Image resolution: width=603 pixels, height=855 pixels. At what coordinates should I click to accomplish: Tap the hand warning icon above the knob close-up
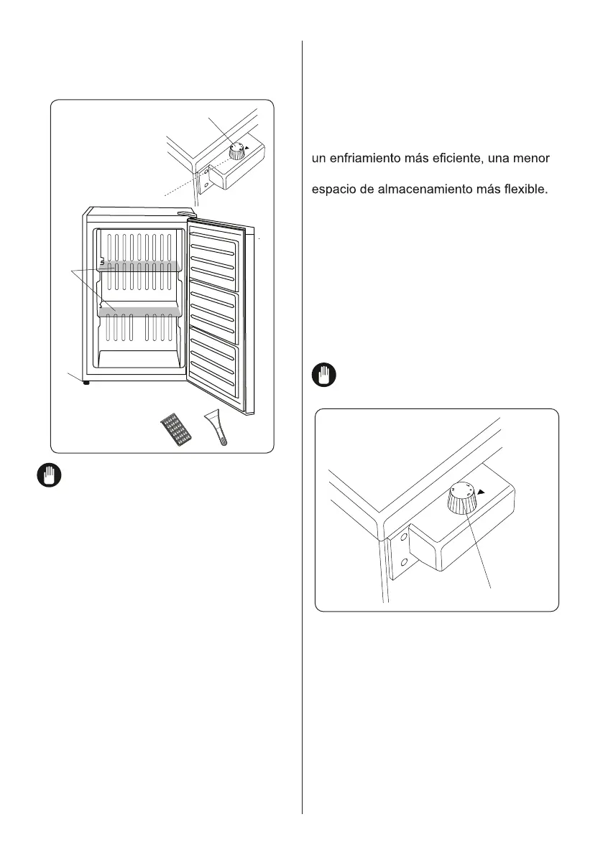click(x=325, y=375)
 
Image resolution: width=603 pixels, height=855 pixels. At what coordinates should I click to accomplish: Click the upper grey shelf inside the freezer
click(x=137, y=266)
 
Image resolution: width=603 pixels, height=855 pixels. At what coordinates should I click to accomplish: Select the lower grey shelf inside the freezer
click(x=137, y=311)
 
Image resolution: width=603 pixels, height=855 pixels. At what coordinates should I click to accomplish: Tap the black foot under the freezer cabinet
click(x=87, y=383)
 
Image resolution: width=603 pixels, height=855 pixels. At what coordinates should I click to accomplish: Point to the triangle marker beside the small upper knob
click(x=247, y=148)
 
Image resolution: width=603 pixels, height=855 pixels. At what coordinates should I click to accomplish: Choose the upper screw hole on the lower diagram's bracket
click(x=405, y=536)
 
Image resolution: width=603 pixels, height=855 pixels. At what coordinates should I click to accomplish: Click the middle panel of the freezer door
click(x=213, y=309)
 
